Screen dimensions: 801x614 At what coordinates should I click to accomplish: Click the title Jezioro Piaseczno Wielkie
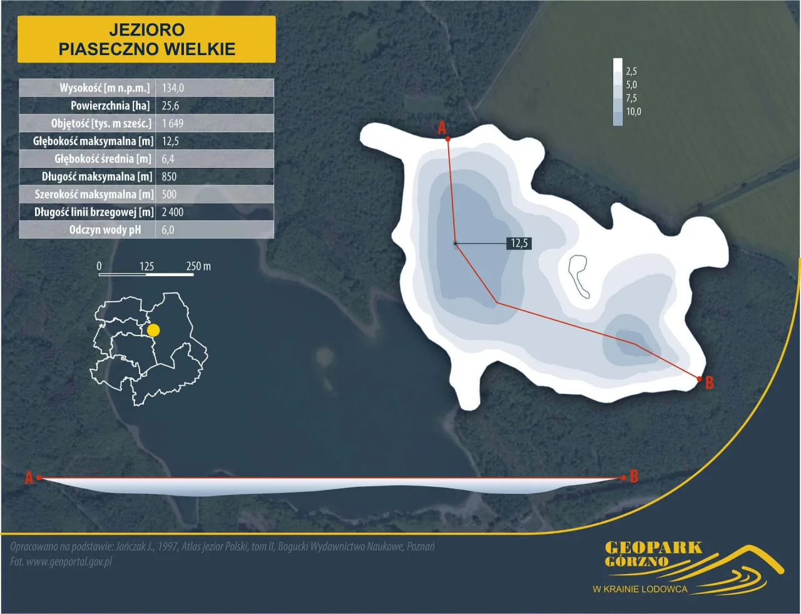pyautogui.click(x=146, y=39)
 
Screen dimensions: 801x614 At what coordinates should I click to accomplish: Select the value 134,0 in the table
pyautogui.click(x=173, y=88)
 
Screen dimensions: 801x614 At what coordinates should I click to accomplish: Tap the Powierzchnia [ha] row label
pyautogui.click(x=110, y=106)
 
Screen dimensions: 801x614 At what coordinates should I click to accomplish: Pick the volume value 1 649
pyautogui.click(x=173, y=123)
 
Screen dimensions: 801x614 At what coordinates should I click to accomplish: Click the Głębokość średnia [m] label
pyautogui.click(x=103, y=159)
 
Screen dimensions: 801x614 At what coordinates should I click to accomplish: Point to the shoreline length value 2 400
pyautogui.click(x=173, y=212)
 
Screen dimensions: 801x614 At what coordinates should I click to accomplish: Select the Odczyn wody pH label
pyautogui.click(x=105, y=230)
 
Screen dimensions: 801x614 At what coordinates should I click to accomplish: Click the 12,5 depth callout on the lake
pyautogui.click(x=519, y=243)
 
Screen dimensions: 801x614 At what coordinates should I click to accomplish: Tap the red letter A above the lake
pyautogui.click(x=442, y=128)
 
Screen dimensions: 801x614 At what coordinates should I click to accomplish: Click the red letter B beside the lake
pyautogui.click(x=709, y=382)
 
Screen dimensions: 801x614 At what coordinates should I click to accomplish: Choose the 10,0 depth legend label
pyautogui.click(x=633, y=112)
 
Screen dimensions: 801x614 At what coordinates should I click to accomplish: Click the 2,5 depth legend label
pyautogui.click(x=631, y=71)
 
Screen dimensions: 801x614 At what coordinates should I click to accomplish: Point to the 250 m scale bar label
pyautogui.click(x=198, y=266)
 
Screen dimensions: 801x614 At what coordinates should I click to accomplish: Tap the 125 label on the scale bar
pyautogui.click(x=146, y=266)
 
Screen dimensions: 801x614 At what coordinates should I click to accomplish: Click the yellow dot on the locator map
pyautogui.click(x=153, y=330)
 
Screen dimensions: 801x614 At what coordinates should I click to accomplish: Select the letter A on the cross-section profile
pyautogui.click(x=29, y=478)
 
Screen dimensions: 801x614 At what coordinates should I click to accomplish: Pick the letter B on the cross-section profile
pyautogui.click(x=634, y=476)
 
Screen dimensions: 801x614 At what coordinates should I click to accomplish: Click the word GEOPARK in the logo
pyautogui.click(x=653, y=548)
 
